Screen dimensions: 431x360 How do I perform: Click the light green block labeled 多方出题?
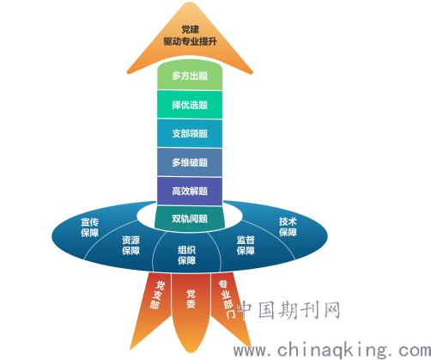click(x=190, y=75)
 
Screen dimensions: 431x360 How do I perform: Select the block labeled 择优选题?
click(x=190, y=105)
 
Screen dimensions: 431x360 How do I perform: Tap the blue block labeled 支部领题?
click(x=190, y=133)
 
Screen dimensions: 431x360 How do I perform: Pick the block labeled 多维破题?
click(x=190, y=162)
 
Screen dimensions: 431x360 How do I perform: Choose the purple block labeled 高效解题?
click(x=190, y=191)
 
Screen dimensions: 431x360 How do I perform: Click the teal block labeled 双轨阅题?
click(x=190, y=218)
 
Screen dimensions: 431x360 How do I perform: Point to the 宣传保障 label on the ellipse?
click(x=89, y=228)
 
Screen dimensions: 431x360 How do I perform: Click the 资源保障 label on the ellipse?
click(x=131, y=246)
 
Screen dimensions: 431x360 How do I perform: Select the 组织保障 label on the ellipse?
click(x=186, y=255)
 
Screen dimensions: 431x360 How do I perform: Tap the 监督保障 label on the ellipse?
click(x=246, y=246)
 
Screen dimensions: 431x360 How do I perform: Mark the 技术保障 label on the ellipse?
click(x=288, y=227)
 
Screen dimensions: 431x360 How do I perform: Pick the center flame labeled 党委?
click(x=191, y=312)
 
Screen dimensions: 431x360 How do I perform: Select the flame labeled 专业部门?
click(x=230, y=309)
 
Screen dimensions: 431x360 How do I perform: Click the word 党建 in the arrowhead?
click(x=190, y=29)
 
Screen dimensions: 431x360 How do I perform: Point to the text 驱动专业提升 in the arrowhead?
click(x=190, y=41)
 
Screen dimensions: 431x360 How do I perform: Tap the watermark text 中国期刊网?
click(x=289, y=310)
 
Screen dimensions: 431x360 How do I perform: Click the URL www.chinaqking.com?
click(x=332, y=351)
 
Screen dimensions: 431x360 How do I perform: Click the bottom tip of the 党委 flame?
click(x=191, y=353)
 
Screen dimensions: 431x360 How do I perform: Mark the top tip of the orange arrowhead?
click(x=190, y=3)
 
